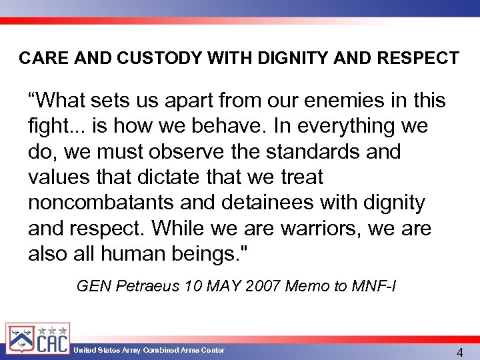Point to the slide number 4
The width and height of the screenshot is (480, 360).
tap(459, 352)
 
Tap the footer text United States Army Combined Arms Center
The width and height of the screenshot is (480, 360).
tap(149, 350)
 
